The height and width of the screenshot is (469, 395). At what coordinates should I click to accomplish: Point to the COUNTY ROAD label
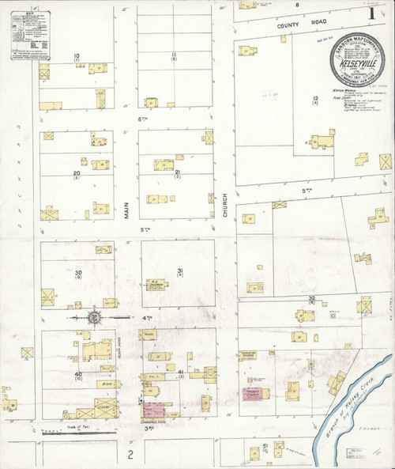click(295, 25)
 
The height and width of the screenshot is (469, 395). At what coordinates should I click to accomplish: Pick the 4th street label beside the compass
click(124, 317)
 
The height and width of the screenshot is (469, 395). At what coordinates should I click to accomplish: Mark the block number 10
click(77, 55)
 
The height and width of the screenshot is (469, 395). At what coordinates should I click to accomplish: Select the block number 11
click(173, 55)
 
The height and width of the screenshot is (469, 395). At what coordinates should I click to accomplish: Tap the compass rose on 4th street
click(93, 317)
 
